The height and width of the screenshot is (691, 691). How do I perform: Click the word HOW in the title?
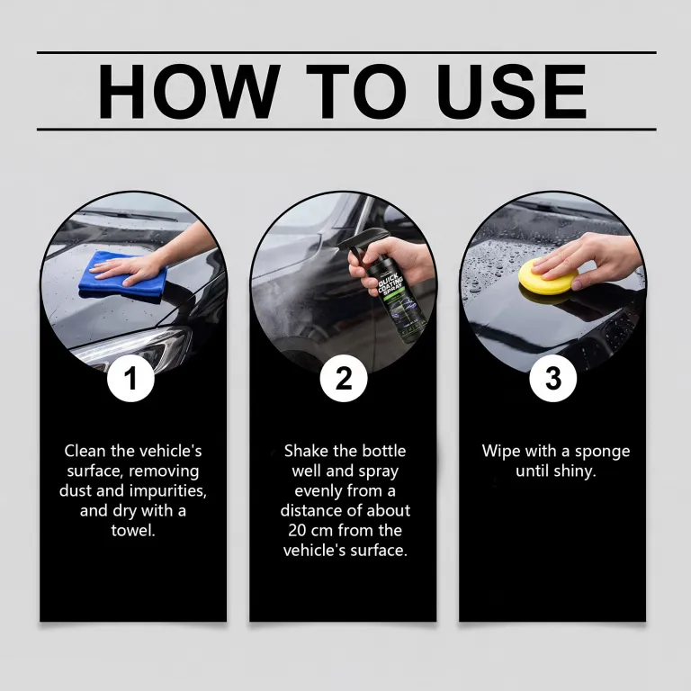click(x=189, y=91)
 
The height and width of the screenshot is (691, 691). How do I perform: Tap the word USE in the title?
click(x=512, y=91)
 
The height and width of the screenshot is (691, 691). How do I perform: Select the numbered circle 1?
click(x=130, y=378)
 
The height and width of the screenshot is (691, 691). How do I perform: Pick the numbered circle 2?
click(x=344, y=378)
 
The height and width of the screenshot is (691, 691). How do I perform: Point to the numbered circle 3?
click(x=553, y=378)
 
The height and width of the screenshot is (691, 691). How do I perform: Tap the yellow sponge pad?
click(x=547, y=278)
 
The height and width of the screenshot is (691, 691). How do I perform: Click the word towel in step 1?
click(x=133, y=530)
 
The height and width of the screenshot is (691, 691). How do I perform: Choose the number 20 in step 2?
click(x=298, y=530)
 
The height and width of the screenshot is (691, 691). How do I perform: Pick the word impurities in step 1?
click(x=169, y=491)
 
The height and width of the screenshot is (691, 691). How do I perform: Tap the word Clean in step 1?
click(x=85, y=451)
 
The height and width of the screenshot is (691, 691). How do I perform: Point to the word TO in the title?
click(x=356, y=91)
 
